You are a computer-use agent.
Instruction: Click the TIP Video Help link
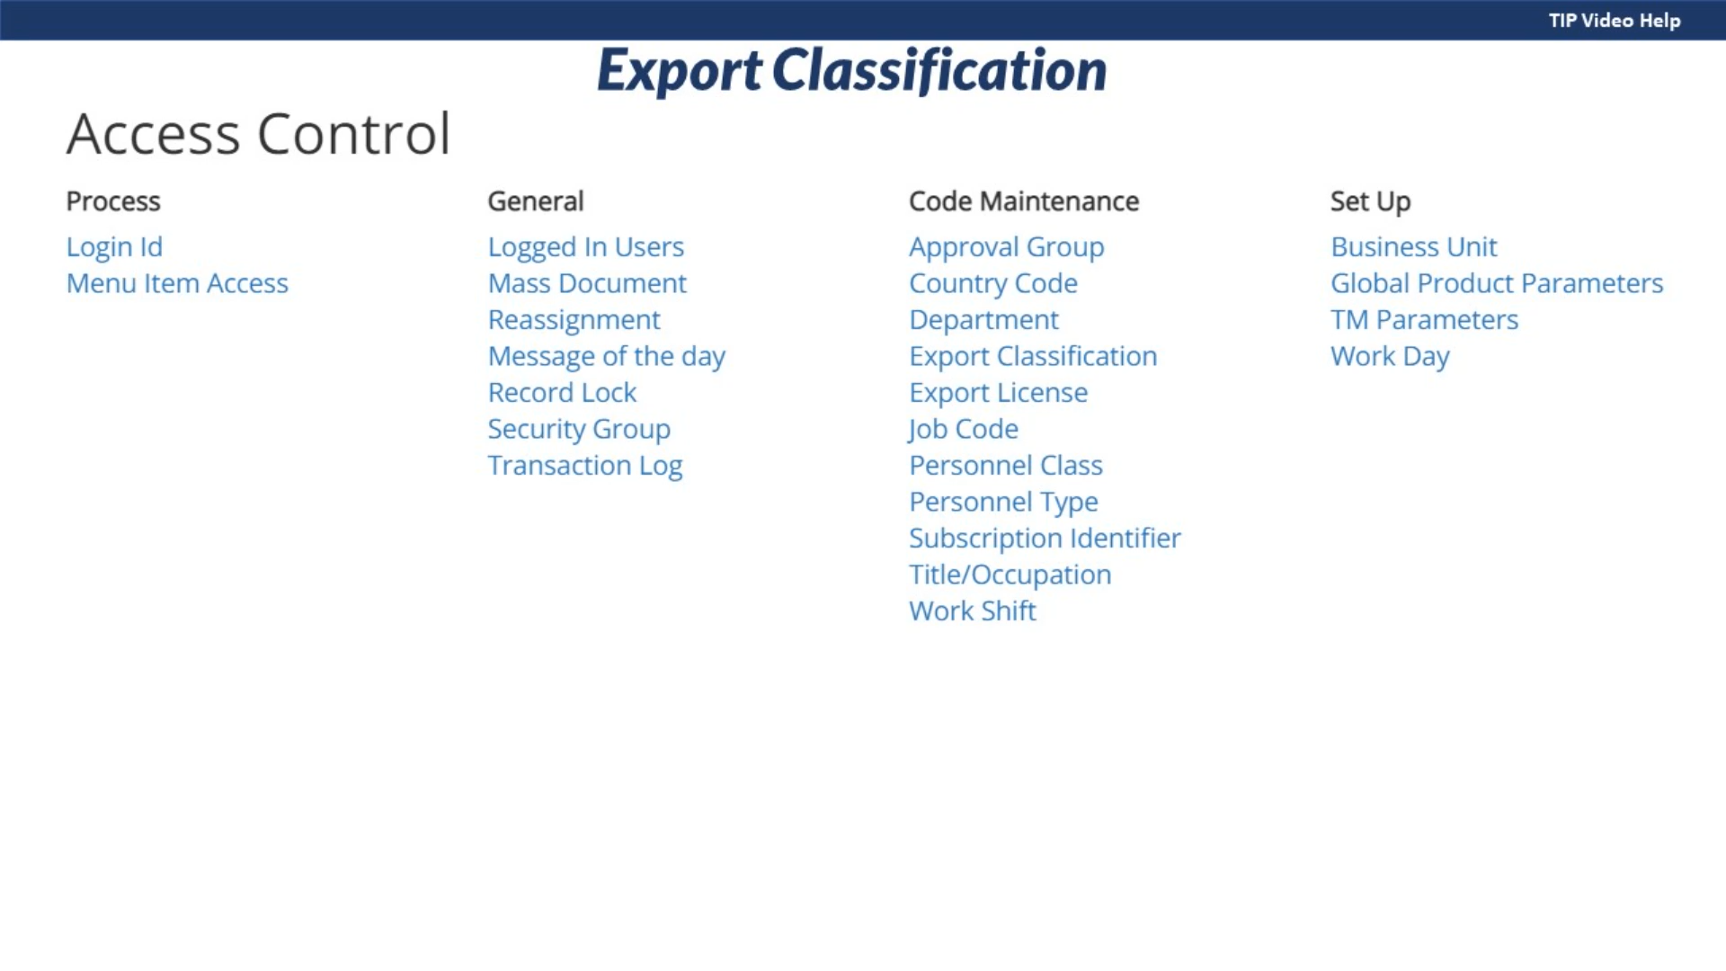pos(1615,20)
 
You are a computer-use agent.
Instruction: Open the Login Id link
pos(114,246)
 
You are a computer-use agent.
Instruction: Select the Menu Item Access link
pos(177,283)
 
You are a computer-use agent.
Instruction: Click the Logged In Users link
pos(586,247)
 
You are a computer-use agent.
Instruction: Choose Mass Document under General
pos(587,283)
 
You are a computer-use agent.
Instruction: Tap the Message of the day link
pos(607,356)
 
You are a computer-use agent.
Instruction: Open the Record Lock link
pos(562,392)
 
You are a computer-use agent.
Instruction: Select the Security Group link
pos(579,430)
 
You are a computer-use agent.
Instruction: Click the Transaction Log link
pos(585,466)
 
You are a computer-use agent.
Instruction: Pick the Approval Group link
pos(1007,247)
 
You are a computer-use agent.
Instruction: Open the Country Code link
pos(993,284)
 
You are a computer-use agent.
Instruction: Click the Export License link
pos(999,393)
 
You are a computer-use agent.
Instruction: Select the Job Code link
pos(964,430)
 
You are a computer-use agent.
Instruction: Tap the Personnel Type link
pos(1004,503)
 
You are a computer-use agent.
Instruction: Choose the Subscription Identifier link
pos(1045,539)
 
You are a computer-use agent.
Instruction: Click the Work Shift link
pos(973,611)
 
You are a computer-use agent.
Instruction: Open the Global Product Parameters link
pos(1497,283)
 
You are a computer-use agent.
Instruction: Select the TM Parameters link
pos(1425,319)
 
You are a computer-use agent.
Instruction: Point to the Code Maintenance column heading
pos(1024,200)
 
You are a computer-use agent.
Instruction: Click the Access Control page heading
pos(258,134)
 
